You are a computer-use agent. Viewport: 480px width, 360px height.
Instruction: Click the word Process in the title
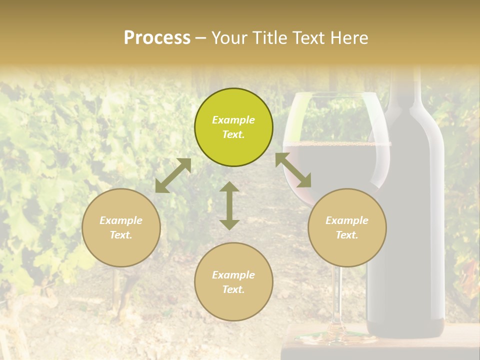(x=157, y=38)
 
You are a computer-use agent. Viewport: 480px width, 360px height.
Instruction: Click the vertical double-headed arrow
(x=229, y=205)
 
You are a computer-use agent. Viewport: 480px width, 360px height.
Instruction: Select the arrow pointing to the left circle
(x=173, y=175)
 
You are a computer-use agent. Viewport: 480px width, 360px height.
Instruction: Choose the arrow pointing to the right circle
(x=293, y=170)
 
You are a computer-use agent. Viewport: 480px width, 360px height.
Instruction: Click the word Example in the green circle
(x=233, y=120)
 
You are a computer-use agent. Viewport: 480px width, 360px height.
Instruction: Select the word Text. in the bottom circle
(x=233, y=289)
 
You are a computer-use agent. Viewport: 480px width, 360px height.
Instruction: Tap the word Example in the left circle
(x=121, y=220)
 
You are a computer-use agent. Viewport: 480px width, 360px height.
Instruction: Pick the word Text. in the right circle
(x=347, y=235)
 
